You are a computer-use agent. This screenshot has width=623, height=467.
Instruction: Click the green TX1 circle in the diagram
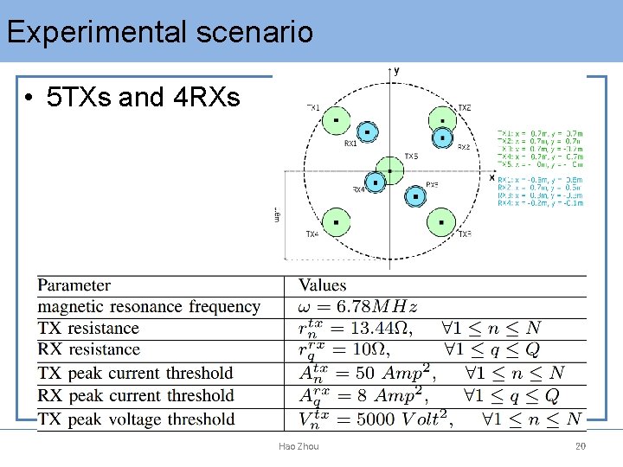coord(336,121)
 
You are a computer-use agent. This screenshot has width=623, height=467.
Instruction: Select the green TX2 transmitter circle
coord(443,121)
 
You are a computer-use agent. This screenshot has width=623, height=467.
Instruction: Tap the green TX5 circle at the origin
coord(389,170)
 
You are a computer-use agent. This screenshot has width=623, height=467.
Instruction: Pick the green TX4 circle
coord(336,221)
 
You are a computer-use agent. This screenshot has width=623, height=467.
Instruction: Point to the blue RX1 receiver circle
coord(367,132)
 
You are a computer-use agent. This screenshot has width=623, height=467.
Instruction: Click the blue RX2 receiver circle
coord(443,137)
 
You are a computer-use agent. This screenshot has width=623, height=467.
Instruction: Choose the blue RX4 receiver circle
coord(376,182)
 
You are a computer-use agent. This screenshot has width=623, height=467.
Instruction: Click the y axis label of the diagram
coord(396,70)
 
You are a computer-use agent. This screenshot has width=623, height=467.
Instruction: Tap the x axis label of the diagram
coord(491,176)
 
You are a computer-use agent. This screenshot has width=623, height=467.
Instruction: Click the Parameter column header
coord(74,285)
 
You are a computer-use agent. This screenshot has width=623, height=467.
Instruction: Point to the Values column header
coord(322,285)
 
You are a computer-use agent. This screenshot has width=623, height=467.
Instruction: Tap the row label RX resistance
coord(88,350)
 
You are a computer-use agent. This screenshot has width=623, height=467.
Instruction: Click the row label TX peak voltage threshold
coord(136,419)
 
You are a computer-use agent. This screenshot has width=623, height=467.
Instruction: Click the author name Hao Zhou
coord(299,446)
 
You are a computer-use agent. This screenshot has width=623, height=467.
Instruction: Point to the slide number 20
coord(581,446)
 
